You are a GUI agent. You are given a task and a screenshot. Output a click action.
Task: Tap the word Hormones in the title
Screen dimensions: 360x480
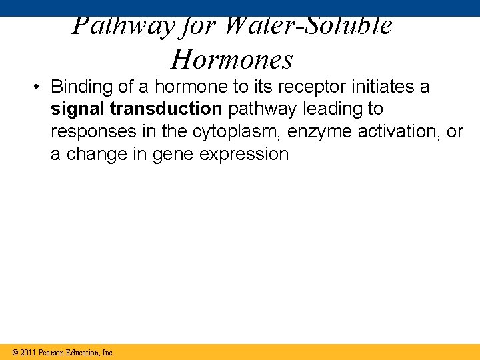232,59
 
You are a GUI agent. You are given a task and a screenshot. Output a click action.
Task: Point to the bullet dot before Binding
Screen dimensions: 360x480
39,87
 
